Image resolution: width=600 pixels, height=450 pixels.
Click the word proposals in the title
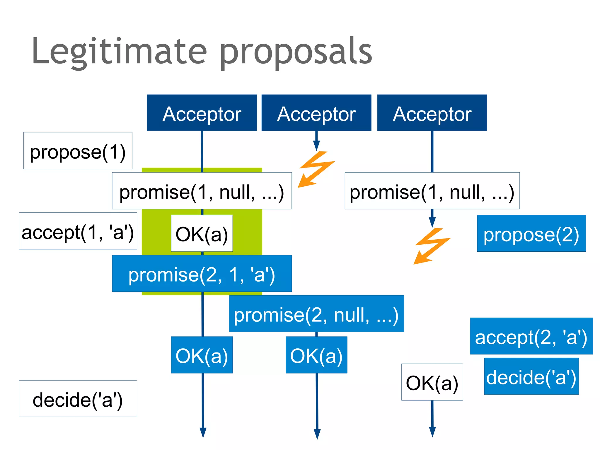(x=296, y=53)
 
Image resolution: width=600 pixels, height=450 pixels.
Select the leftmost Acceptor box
(x=202, y=113)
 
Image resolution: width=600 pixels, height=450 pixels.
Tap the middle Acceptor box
(x=316, y=113)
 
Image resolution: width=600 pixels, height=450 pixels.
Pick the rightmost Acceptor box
(x=432, y=113)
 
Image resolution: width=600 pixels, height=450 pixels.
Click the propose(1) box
(x=78, y=151)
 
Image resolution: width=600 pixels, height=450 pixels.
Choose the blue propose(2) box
(x=531, y=233)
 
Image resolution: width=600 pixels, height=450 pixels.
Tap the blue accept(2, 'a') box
(x=531, y=336)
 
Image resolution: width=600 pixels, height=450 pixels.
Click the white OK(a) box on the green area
(x=202, y=233)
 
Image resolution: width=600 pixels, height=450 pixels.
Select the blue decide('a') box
(x=531, y=376)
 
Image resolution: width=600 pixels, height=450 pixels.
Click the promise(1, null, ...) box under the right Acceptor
(x=432, y=191)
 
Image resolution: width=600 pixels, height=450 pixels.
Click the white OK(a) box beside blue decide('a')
(x=432, y=382)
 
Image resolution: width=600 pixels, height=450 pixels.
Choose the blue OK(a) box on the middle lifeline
(x=316, y=355)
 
